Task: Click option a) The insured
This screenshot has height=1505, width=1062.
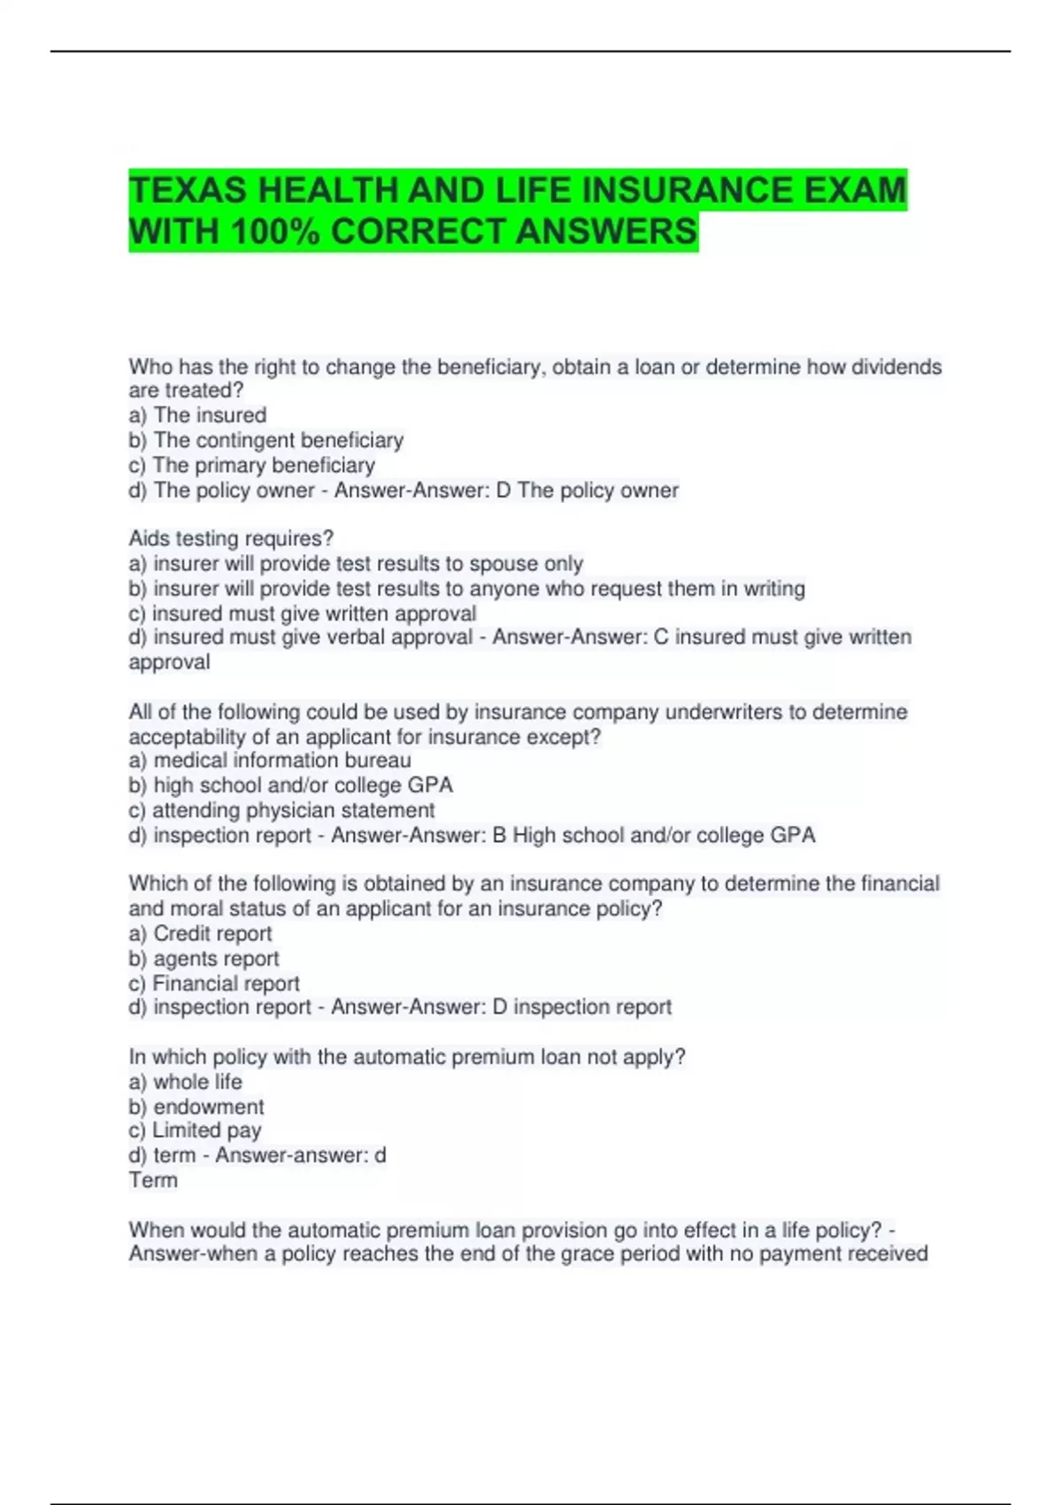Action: pyautogui.click(x=197, y=415)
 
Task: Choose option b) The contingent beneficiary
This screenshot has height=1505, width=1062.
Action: pyautogui.click(x=265, y=440)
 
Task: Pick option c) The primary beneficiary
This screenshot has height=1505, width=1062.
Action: pyautogui.click(x=251, y=465)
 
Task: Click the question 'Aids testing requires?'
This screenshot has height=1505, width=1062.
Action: pyautogui.click(x=231, y=538)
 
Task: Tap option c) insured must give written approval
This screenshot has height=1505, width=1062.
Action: pyautogui.click(x=302, y=614)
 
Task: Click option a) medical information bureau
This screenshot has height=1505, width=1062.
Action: pyautogui.click(x=270, y=760)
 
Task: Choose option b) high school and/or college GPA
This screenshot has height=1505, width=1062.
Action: pyautogui.click(x=290, y=785)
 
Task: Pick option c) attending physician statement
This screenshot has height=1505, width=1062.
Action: pyautogui.click(x=281, y=810)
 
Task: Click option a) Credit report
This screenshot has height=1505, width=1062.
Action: pyautogui.click(x=200, y=933)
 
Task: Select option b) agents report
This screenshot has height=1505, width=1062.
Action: pyautogui.click(x=204, y=958)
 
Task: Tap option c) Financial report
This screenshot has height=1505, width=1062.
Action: pyautogui.click(x=213, y=983)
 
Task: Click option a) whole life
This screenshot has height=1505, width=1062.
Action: pyautogui.click(x=185, y=1082)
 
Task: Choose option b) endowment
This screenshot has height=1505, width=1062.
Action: pyautogui.click(x=196, y=1107)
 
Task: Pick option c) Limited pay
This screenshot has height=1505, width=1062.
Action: pyautogui.click(x=195, y=1131)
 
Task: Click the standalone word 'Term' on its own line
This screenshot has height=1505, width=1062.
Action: pyautogui.click(x=153, y=1180)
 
